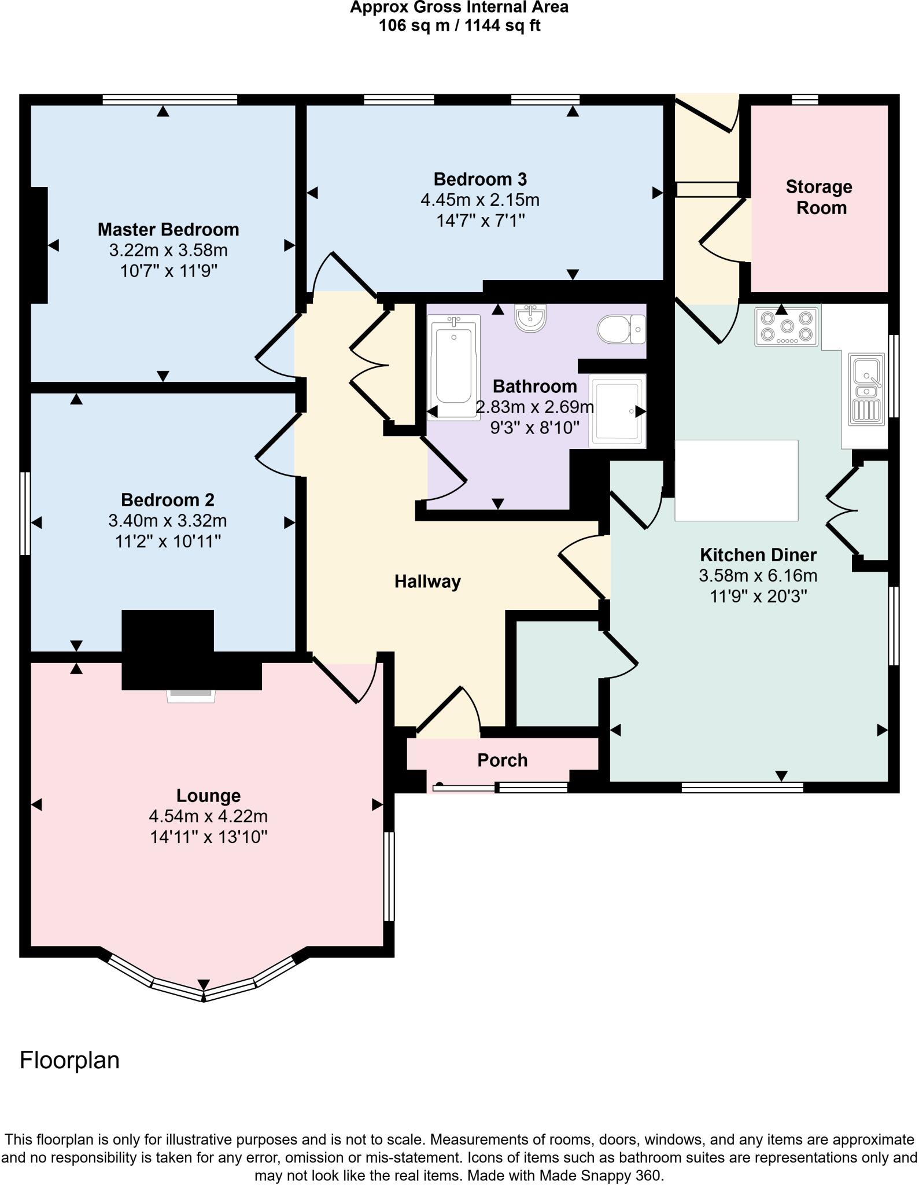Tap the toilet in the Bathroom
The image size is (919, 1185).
(x=621, y=329)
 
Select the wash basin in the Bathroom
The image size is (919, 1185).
(x=530, y=319)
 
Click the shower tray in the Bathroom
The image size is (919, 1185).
(x=617, y=411)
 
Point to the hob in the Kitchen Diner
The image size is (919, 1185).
(x=787, y=327)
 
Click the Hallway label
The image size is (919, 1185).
(x=427, y=582)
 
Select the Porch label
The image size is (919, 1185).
(x=502, y=760)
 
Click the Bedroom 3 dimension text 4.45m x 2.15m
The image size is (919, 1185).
(x=479, y=200)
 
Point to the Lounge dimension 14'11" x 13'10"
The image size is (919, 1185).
(x=209, y=837)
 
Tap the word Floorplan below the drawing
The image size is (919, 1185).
(x=69, y=1060)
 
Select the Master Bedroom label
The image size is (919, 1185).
(x=168, y=230)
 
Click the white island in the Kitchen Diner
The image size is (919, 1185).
(x=736, y=480)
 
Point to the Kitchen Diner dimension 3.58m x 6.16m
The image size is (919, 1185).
(x=758, y=576)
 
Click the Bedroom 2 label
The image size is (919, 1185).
(x=168, y=500)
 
